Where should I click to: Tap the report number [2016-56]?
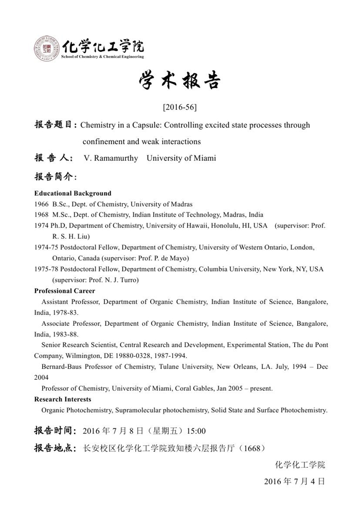click(x=179, y=108)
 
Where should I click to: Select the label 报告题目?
click(x=56, y=125)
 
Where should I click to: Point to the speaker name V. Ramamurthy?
click(x=111, y=158)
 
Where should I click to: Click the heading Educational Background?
click(x=73, y=194)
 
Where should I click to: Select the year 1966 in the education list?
click(x=41, y=204)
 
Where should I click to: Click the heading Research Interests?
click(x=63, y=399)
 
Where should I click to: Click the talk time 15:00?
click(x=196, y=431)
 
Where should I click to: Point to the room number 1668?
click(x=252, y=448)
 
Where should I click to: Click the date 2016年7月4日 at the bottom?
click(x=294, y=482)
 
